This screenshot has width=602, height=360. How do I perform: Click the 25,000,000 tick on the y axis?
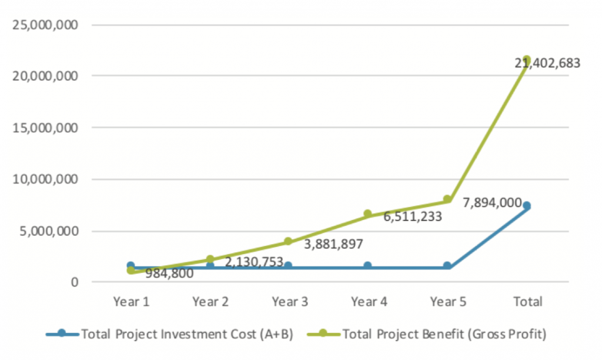coord(44,25)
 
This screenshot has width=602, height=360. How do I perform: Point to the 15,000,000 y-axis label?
coord(44,128)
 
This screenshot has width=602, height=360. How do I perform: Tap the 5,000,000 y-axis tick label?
coord(48,231)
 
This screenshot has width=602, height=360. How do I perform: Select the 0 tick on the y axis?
coord(75,282)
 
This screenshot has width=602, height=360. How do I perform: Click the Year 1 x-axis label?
coord(131,302)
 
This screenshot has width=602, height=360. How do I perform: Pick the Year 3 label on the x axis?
coord(289,302)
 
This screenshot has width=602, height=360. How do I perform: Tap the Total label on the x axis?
coord(527,302)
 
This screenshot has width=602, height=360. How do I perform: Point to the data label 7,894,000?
coord(491,203)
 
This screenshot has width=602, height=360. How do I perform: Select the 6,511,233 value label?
coord(413,216)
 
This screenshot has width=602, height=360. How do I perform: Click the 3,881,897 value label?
coord(333,244)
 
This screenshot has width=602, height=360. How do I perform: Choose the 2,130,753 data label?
coord(254,262)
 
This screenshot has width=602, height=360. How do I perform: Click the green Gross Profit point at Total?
coord(527,59)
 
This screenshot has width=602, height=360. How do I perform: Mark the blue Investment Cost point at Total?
coord(527,206)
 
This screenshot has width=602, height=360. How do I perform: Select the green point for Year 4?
coord(368,214)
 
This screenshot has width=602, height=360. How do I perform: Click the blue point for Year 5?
coord(447,266)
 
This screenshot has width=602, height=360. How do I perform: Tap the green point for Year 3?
coord(289,241)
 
